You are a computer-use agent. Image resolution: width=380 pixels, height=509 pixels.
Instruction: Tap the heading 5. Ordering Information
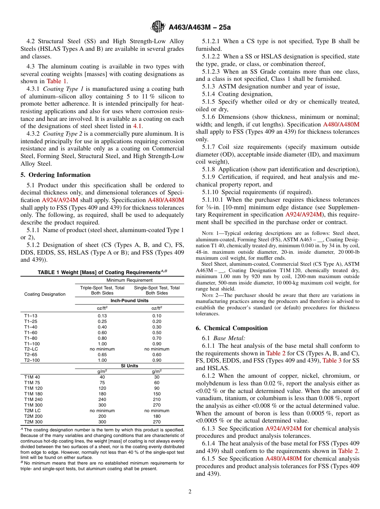pyautogui.click(x=56, y=175)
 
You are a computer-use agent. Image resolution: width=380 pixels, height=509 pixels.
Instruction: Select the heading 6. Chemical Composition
pyautogui.click(x=232, y=328)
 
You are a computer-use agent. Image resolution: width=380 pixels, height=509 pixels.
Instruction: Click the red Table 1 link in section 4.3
pyautogui.click(x=56, y=81)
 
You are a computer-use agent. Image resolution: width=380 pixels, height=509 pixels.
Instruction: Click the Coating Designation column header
pyautogui.click(x=45, y=294)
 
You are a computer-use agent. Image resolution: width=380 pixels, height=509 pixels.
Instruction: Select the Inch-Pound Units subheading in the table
pyautogui.click(x=129, y=301)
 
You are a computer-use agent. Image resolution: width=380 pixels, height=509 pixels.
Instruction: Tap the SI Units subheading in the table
pyautogui.click(x=129, y=366)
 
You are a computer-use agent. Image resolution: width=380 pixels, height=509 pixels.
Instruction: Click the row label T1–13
pyautogui.click(x=31, y=316)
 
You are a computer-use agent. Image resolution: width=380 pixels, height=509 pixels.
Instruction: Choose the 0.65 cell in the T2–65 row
pyautogui.click(x=102, y=355)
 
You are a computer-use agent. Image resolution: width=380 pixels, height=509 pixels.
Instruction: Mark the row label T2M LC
pyautogui.click(x=32, y=411)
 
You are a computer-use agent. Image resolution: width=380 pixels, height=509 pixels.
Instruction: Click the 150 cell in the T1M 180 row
pyautogui.click(x=157, y=394)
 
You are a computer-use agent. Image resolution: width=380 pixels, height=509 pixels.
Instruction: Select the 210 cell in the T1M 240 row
pyautogui.click(x=157, y=399)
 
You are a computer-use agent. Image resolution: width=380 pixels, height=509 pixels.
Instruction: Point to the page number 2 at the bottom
pyautogui.click(x=190, y=492)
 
